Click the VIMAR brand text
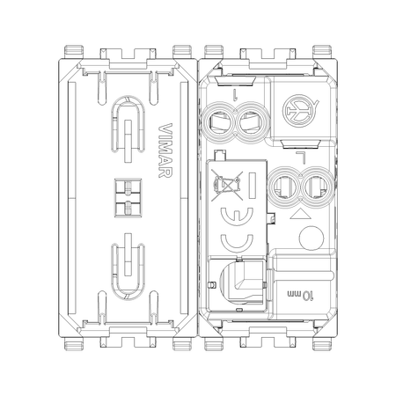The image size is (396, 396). (165, 150)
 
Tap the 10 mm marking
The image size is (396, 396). (300, 295)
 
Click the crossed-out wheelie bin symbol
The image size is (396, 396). (227, 186)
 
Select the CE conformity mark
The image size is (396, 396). (237, 230)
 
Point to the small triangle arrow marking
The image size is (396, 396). (300, 214)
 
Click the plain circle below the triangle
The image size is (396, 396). (312, 238)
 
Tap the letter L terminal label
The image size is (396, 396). (301, 158)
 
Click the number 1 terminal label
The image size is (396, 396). (235, 95)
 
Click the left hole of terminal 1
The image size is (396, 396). (219, 122)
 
